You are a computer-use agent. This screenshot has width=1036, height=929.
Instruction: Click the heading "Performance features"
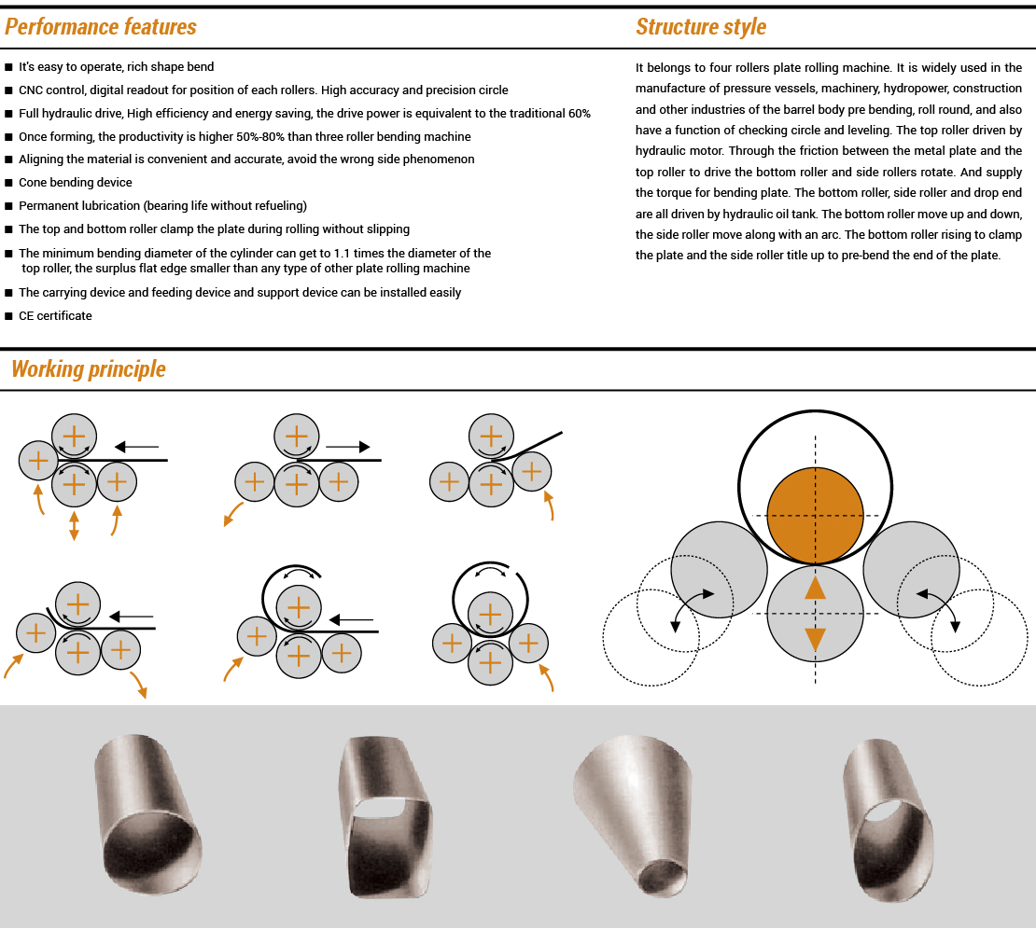(101, 27)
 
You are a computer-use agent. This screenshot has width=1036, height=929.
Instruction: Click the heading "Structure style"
(701, 27)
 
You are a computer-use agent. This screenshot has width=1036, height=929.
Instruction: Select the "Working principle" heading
(89, 369)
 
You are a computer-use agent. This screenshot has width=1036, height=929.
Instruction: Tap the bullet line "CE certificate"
(55, 315)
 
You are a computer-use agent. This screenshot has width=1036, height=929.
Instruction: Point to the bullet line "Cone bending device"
(76, 183)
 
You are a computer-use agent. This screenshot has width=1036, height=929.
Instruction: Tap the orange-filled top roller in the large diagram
(815, 516)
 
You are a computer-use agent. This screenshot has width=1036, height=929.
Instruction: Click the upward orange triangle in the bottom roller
(815, 588)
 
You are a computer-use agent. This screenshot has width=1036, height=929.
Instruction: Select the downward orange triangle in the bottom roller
(815, 640)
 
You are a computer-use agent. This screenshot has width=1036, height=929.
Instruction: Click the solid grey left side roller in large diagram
(719, 569)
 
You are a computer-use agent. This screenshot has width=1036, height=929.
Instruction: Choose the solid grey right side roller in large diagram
(912, 569)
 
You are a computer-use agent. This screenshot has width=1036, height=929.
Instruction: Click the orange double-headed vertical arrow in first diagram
(75, 524)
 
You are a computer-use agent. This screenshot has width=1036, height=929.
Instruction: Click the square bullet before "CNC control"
(9, 90)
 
